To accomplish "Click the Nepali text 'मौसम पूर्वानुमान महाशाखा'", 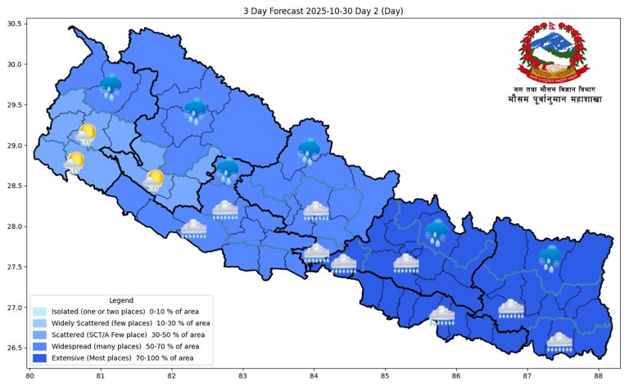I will pos(554,101).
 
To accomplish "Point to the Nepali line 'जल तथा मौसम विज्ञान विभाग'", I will pos(554,88).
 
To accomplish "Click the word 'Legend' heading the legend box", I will pos(121,300).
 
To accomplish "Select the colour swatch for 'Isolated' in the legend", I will pos(39,312).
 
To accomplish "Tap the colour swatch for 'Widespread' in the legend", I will pos(39,346).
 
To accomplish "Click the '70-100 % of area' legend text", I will pos(163,358).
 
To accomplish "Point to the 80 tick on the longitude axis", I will pos(29,376).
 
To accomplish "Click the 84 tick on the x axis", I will pos(314,376).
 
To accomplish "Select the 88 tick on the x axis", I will pos(599,376).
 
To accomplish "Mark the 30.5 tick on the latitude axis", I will pos(14,24).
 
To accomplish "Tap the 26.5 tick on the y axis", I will pos(14,348).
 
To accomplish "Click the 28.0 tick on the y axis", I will pos(14,227).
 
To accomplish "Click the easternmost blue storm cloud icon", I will pos(550,257).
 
